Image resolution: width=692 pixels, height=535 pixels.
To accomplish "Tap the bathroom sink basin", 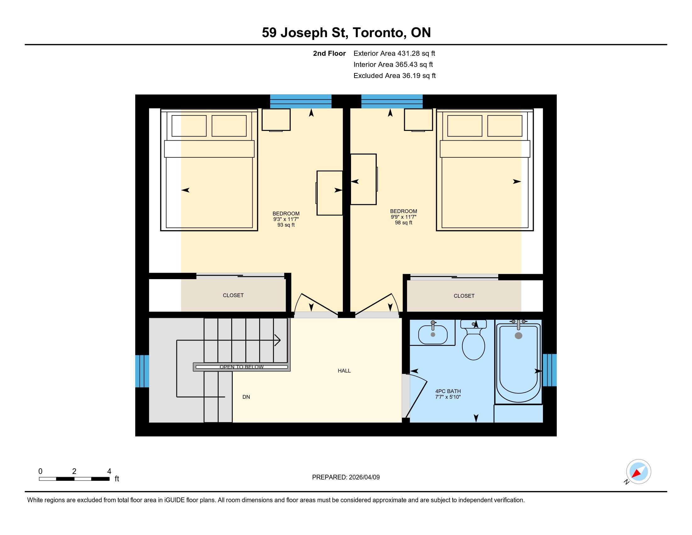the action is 433,334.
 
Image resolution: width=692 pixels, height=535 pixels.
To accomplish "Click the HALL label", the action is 344,371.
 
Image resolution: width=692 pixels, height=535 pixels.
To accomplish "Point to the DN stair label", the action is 246,397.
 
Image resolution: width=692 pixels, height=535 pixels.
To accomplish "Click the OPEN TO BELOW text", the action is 242,367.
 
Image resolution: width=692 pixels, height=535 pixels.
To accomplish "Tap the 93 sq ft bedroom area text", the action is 286,225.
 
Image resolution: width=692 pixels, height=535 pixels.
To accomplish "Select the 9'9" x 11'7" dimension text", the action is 403,217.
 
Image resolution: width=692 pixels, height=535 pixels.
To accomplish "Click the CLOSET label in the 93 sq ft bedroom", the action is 233,296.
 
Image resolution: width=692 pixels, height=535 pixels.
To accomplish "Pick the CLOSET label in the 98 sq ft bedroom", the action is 464,296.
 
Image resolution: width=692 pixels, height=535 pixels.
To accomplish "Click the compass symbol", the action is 638,472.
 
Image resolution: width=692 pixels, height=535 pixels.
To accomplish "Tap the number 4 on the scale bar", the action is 109,471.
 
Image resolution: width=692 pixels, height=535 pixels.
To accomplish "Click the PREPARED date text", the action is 346,477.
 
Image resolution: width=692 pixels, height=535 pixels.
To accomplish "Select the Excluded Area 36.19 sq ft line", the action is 394,76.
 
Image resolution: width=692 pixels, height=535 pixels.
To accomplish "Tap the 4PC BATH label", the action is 448,391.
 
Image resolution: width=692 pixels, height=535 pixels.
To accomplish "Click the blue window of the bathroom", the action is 550,370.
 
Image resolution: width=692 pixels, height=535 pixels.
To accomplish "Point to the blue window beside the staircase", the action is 142,371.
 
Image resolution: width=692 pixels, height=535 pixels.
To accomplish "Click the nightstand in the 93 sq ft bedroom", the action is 276,120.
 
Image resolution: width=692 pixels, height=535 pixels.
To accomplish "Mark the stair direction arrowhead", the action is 277,341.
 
